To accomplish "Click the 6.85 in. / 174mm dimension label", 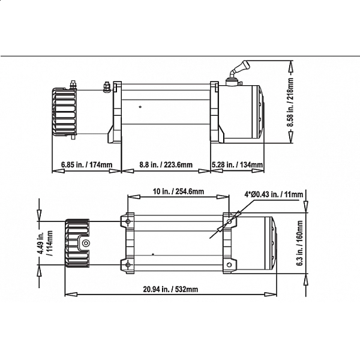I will tap(87, 164).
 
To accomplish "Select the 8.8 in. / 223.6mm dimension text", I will tap(166, 164).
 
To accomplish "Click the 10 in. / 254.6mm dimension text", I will tap(178, 191).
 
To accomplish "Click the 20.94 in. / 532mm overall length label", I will tap(170, 289).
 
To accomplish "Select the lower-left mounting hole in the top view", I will tap(127, 264).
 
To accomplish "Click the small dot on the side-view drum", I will tap(140, 108).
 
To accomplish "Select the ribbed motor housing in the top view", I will tap(77, 243).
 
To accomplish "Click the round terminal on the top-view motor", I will tap(85, 243).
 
